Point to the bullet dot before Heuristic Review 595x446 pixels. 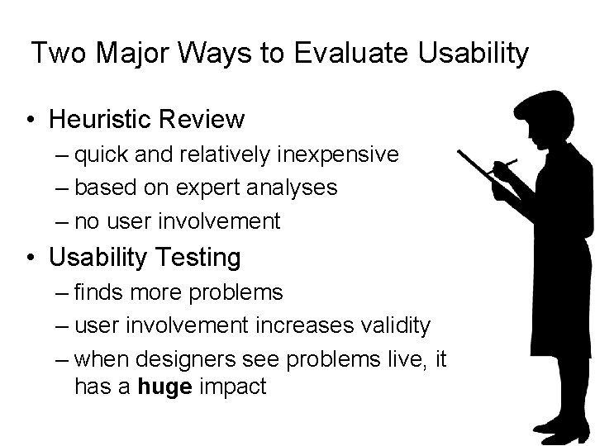pyautogui.click(x=29, y=121)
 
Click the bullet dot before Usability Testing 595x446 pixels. pyautogui.click(x=29, y=258)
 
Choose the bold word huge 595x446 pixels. pyautogui.click(x=165, y=387)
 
